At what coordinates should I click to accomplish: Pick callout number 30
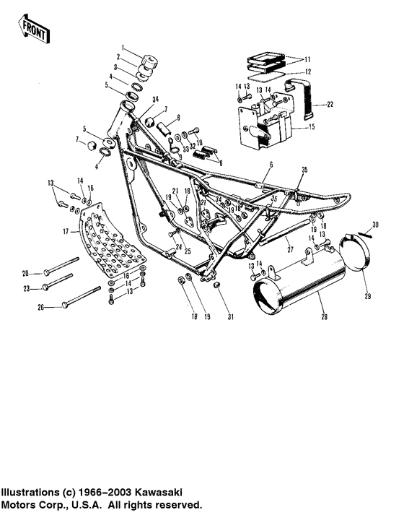coord(374,225)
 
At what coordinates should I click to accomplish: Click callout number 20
coord(25,272)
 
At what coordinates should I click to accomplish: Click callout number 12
coord(307,72)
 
